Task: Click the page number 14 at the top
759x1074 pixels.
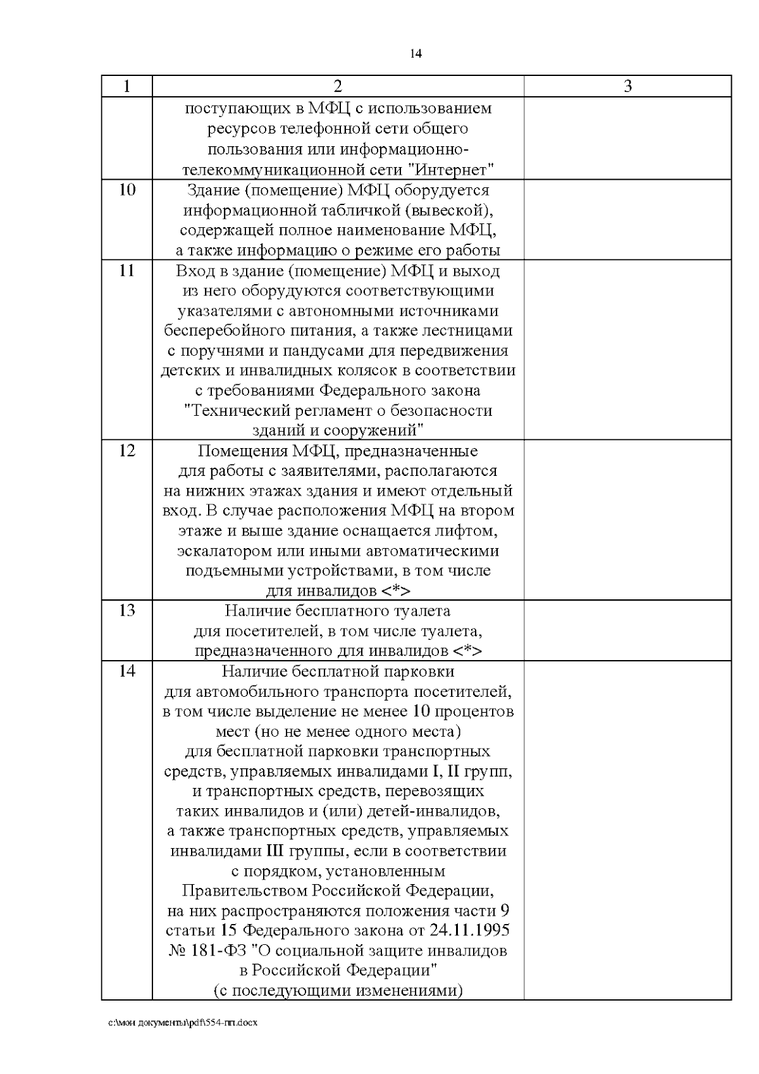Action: coord(416,54)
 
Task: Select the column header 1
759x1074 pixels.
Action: coord(126,86)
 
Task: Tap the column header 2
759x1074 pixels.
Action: coord(338,86)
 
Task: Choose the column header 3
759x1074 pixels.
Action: coord(627,86)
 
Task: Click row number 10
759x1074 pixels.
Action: coord(126,189)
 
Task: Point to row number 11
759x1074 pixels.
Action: coord(126,270)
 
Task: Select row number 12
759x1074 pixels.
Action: coord(126,451)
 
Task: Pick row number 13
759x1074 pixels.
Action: coord(126,611)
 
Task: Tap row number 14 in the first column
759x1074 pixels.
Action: coord(126,670)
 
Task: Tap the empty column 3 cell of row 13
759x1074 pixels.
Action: coord(627,630)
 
